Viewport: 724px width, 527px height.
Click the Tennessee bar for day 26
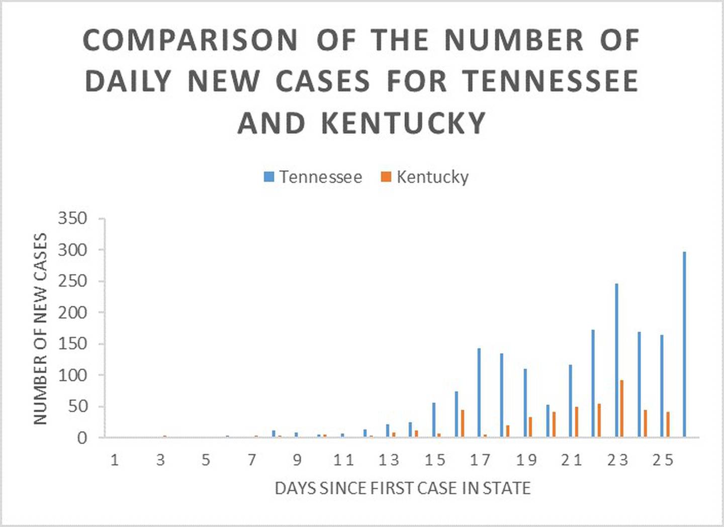click(684, 344)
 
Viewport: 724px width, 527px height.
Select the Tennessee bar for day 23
click(616, 361)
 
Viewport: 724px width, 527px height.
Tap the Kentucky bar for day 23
click(622, 408)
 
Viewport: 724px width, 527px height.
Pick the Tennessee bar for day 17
click(479, 393)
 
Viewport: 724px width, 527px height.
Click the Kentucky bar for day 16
click(463, 423)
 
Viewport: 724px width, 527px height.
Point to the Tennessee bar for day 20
click(548, 421)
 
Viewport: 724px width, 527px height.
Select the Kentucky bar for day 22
click(599, 420)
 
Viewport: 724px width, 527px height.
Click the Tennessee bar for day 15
click(434, 420)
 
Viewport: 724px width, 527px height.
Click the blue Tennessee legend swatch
click(269, 177)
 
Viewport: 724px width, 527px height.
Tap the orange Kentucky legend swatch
click(386, 177)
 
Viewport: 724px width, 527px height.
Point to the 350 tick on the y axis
click(72, 218)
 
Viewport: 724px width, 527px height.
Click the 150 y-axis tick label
click(72, 344)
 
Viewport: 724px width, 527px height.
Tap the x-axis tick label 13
click(389, 460)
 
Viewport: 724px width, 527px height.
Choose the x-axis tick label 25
click(663, 460)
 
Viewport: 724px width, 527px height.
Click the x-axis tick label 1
click(115, 460)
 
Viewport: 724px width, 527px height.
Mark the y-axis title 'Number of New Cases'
click(40, 329)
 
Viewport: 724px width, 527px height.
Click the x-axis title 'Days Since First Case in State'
click(402, 488)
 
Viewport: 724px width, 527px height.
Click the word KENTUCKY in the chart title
click(403, 123)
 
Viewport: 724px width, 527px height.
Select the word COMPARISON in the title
click(190, 40)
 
